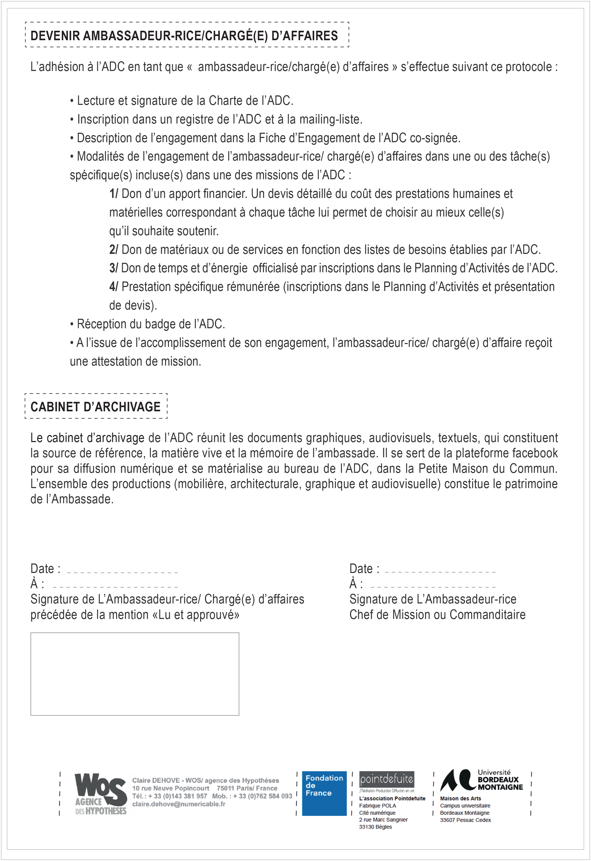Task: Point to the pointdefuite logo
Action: coord(387,780)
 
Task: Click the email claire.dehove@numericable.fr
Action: coord(179,804)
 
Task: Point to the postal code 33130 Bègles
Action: coord(375,827)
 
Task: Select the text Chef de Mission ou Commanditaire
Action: coord(437,615)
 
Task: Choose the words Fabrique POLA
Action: coord(377,806)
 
